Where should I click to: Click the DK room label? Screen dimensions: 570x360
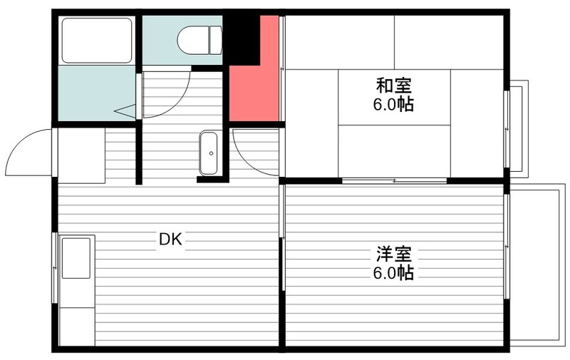(x=170, y=240)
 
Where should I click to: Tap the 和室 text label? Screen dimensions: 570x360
(x=393, y=86)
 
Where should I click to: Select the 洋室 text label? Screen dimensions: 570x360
(x=394, y=254)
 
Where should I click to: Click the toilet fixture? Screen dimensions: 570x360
(x=199, y=40)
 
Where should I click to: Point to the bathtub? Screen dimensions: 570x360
(x=97, y=41)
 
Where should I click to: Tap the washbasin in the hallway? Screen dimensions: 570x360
(x=209, y=153)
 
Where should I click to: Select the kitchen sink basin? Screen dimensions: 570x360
(x=76, y=258)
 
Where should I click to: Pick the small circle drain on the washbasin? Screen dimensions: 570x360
(x=211, y=153)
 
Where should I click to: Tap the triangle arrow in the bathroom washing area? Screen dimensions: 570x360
(x=125, y=110)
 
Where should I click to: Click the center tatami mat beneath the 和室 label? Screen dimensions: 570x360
(x=395, y=98)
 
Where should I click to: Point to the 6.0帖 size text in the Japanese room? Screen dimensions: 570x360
(x=393, y=105)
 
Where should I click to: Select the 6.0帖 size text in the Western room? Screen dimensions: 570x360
(x=393, y=273)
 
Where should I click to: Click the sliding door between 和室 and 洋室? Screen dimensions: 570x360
(x=395, y=181)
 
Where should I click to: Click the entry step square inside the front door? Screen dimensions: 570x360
(x=81, y=155)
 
